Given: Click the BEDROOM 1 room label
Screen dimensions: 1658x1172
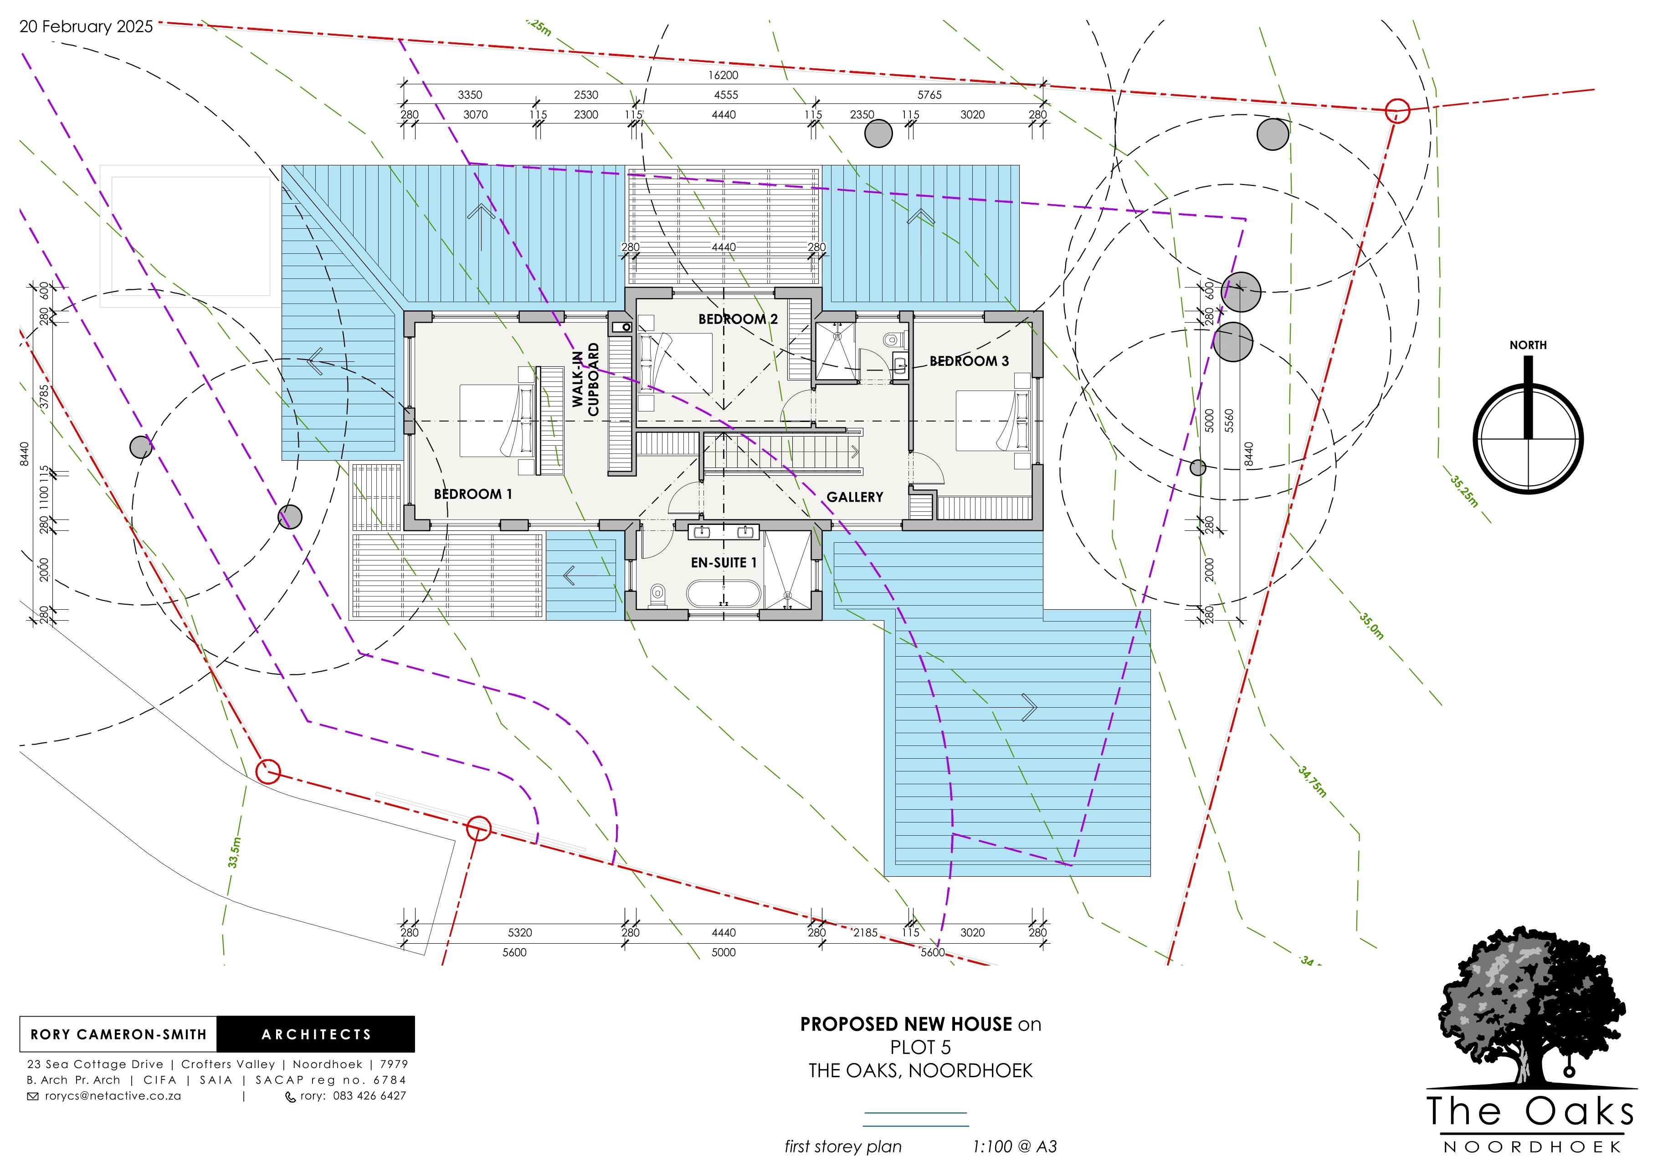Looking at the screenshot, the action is click(x=473, y=495).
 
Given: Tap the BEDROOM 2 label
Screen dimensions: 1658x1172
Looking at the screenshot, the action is click(x=738, y=319).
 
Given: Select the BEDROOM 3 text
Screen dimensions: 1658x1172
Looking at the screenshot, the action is click(x=969, y=361).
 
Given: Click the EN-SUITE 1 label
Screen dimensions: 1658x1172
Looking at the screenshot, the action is click(x=724, y=562).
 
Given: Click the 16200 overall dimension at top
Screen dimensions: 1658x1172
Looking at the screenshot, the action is click(x=723, y=75).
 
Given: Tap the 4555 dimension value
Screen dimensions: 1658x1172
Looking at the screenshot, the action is click(x=726, y=95).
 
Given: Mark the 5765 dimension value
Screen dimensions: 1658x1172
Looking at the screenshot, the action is click(x=929, y=95).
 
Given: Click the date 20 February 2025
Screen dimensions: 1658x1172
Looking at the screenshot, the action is click(x=86, y=27).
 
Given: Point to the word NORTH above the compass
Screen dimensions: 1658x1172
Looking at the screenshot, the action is click(x=1528, y=345).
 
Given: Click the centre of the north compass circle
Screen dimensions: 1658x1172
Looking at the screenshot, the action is click(x=1528, y=439).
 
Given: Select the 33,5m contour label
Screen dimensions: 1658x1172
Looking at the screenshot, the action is click(x=234, y=852).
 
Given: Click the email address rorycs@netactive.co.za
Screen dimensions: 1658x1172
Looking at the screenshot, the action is click(x=113, y=1095).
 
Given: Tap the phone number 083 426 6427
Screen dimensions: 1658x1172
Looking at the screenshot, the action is click(x=369, y=1095).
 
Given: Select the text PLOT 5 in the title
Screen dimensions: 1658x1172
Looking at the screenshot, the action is click(x=921, y=1047).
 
